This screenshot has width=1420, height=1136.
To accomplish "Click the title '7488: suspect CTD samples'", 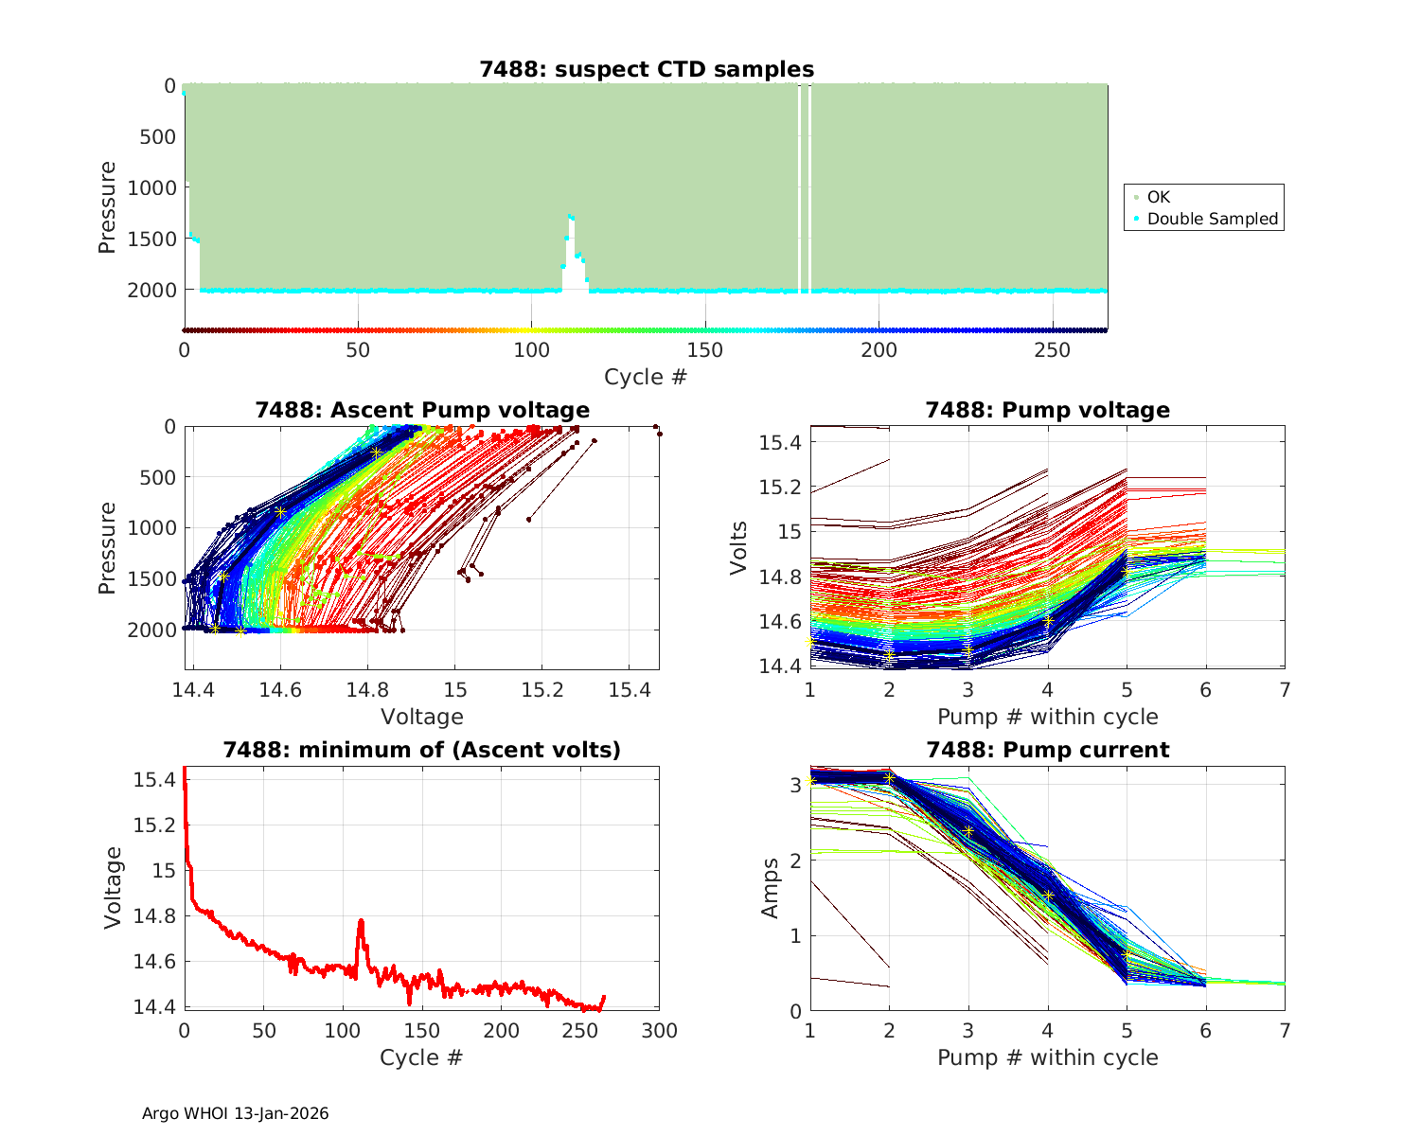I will (647, 69).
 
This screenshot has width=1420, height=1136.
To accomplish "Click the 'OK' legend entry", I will (1158, 197).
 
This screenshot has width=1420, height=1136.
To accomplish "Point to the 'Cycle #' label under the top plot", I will (646, 377).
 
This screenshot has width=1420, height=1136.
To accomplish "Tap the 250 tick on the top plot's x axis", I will (1053, 350).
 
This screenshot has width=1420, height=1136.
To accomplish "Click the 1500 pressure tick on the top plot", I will (151, 239).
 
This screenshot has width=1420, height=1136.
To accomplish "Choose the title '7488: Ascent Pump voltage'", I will (422, 410).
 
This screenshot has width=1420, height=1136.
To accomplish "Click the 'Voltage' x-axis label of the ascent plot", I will (422, 717).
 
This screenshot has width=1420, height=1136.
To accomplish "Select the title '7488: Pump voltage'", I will (1047, 410).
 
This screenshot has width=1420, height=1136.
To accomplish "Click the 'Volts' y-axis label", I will (739, 546).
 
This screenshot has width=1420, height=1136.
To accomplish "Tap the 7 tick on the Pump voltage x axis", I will (1285, 691).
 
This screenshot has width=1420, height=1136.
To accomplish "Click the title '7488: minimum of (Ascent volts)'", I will (422, 750).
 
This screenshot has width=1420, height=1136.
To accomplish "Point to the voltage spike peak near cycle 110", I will (361, 920).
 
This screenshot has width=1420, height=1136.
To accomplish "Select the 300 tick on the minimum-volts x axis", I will (659, 1031).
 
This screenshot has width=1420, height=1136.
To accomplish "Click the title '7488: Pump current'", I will (1047, 750).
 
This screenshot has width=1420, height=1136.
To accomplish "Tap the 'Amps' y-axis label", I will (771, 887).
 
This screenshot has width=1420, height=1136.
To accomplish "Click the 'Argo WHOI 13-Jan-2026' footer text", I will (235, 1113).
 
